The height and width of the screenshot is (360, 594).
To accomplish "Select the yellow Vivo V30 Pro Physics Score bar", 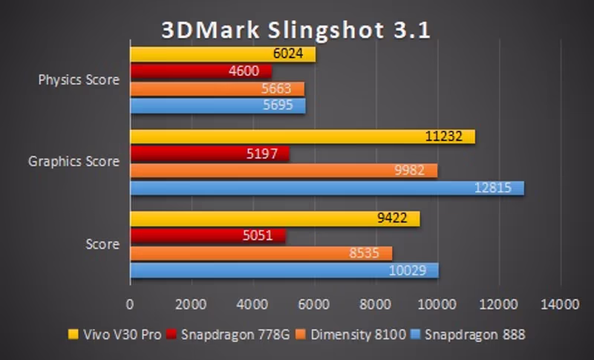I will [x=223, y=54].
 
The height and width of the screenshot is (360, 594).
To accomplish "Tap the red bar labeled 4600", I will [x=200, y=71].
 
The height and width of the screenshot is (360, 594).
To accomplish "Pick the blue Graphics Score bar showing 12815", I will [x=327, y=188].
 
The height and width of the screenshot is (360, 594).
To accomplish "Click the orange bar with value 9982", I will [x=284, y=171].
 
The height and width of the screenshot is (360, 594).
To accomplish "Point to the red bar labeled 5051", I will [x=208, y=236].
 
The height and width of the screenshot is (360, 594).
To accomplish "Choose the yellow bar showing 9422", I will [x=275, y=219].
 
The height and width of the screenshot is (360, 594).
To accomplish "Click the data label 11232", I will [x=450, y=137].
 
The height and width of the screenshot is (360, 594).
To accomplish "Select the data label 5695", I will [x=284, y=105].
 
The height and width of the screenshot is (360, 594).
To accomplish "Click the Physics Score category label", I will [x=79, y=80].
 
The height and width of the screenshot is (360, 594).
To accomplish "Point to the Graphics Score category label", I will [x=74, y=161].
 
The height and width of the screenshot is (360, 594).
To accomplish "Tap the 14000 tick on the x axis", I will [x=558, y=304].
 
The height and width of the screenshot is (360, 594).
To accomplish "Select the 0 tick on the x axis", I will [x=131, y=304].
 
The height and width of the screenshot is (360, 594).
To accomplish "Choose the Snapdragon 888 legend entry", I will [x=473, y=335].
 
